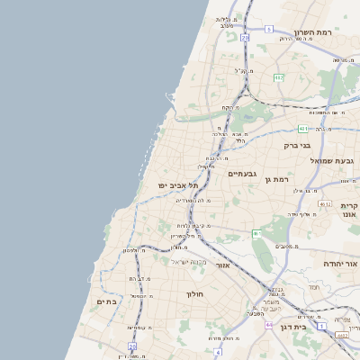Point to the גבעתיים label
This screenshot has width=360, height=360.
243,174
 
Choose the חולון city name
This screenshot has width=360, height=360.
196,294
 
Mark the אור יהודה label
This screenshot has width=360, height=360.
341,264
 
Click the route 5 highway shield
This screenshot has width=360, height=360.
268,29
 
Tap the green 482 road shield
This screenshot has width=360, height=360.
279,77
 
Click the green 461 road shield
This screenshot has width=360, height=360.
256,234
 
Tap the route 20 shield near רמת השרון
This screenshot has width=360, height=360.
245,38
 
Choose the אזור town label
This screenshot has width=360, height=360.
223,265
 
